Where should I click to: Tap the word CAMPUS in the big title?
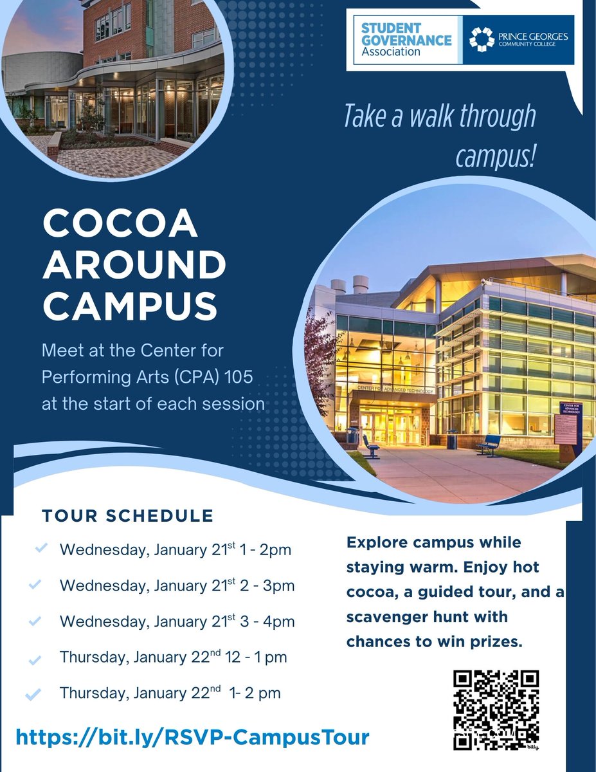[130, 307]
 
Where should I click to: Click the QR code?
[496, 710]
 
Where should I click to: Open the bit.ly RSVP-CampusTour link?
[192, 737]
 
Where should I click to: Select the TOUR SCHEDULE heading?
[127, 515]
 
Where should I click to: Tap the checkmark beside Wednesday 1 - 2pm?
[41, 548]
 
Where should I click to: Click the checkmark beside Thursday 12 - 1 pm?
[35, 659]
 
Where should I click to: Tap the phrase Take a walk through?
[439, 116]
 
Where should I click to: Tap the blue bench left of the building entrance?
[371, 446]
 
